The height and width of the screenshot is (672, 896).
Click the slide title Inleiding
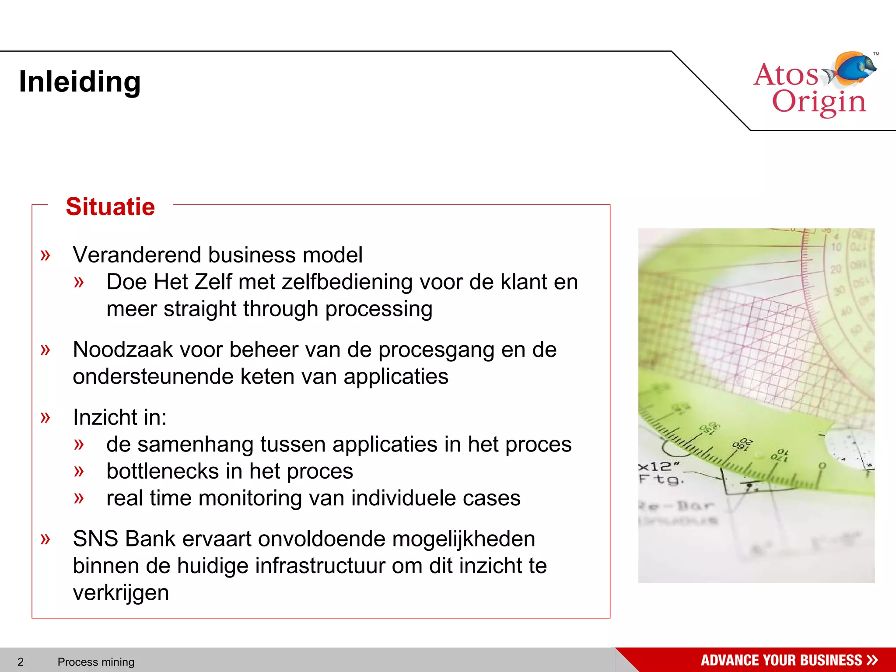80,82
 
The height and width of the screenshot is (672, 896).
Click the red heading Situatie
110,206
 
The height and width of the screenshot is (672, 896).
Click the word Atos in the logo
785,74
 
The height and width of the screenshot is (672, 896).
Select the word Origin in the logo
819,102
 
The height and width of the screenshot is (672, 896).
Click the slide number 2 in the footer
21,661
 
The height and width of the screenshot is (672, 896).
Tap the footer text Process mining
96,661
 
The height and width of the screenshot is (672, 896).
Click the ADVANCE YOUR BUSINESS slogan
781,660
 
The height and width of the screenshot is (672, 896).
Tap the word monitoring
245,498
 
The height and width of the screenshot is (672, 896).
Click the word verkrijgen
121,593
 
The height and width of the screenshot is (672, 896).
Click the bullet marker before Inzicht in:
45,417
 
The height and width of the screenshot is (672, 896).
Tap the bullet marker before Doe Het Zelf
79,282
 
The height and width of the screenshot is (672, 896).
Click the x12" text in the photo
659,466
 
